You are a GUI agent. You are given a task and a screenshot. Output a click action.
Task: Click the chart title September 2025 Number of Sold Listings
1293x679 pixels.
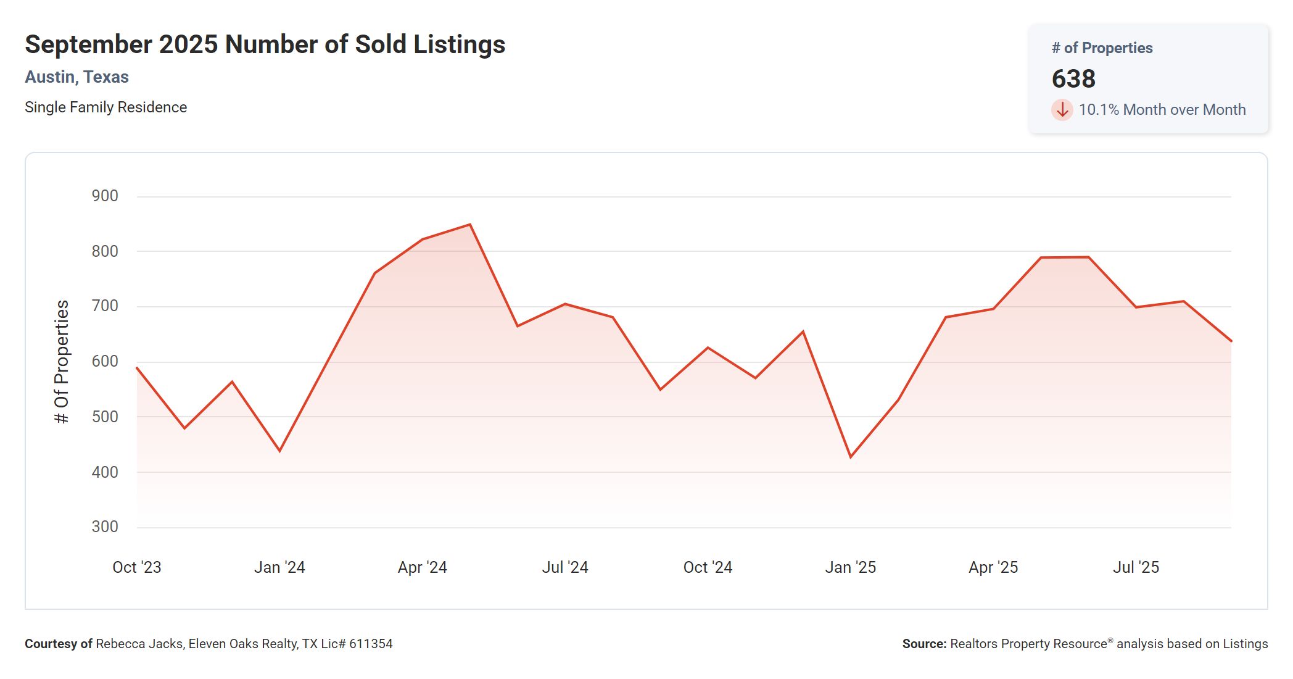(x=265, y=44)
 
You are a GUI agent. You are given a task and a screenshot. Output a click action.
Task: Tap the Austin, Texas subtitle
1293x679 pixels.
(x=76, y=77)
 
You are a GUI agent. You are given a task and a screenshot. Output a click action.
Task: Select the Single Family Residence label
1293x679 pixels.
(x=105, y=107)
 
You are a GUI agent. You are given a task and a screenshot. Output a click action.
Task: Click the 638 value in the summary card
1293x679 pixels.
(x=1073, y=79)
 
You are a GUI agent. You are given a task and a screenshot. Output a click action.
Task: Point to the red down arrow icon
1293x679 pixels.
(x=1062, y=110)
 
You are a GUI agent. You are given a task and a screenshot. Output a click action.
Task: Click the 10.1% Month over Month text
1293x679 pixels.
(x=1162, y=110)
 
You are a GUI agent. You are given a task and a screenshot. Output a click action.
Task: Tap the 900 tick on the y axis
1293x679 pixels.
(x=105, y=196)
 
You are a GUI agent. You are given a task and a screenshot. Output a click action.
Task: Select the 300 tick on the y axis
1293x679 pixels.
(x=105, y=527)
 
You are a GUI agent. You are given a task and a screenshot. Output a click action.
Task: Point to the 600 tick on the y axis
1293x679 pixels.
(x=105, y=362)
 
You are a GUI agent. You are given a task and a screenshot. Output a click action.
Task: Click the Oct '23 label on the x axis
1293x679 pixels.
(x=136, y=567)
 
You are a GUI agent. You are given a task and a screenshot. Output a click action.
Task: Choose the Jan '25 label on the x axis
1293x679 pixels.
(x=850, y=567)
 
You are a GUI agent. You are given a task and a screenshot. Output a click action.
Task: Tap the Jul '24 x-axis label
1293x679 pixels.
(x=564, y=567)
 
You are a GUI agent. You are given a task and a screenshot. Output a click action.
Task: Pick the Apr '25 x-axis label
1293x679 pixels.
(x=993, y=567)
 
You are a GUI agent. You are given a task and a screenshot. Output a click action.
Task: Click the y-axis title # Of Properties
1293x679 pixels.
(x=62, y=362)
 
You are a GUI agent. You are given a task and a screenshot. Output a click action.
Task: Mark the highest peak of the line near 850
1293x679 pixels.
(x=470, y=225)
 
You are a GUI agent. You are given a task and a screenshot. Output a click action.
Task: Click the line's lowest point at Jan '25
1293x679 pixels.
(x=851, y=457)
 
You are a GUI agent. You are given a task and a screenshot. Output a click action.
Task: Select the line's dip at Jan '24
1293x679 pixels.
(x=280, y=451)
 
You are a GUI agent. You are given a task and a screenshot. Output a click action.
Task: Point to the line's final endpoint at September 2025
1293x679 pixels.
(x=1231, y=341)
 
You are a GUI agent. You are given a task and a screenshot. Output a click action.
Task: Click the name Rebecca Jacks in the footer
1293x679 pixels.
(x=139, y=644)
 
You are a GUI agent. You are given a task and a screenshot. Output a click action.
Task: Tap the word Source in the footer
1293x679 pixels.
(x=923, y=644)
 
